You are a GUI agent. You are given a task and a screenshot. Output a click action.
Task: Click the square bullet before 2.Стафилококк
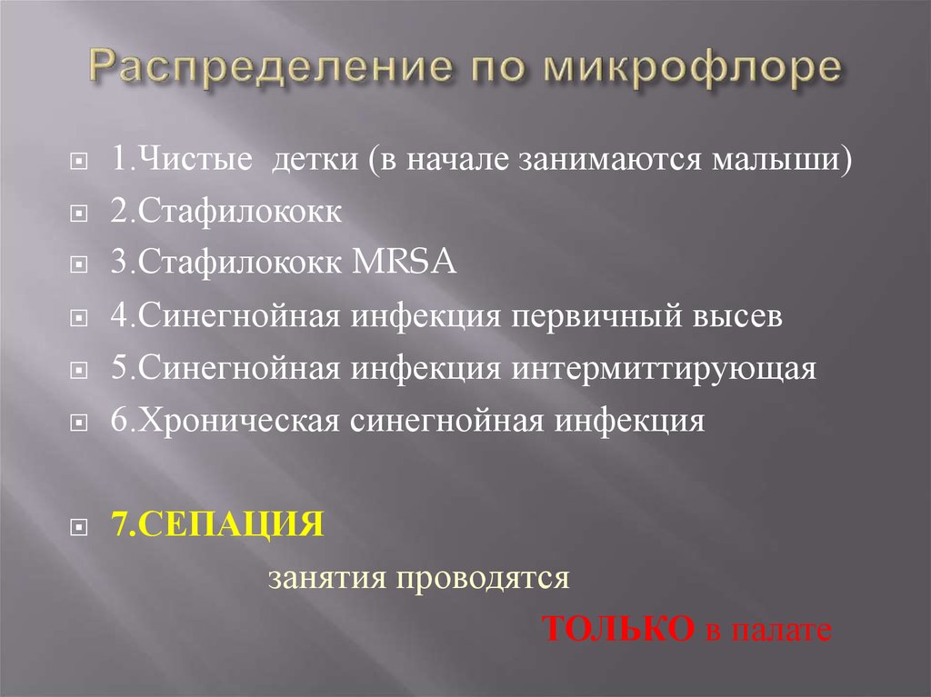pos(80,214)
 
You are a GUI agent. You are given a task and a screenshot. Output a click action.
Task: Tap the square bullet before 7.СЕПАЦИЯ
pos(80,527)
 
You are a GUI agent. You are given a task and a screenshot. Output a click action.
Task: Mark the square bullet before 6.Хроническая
pos(80,423)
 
